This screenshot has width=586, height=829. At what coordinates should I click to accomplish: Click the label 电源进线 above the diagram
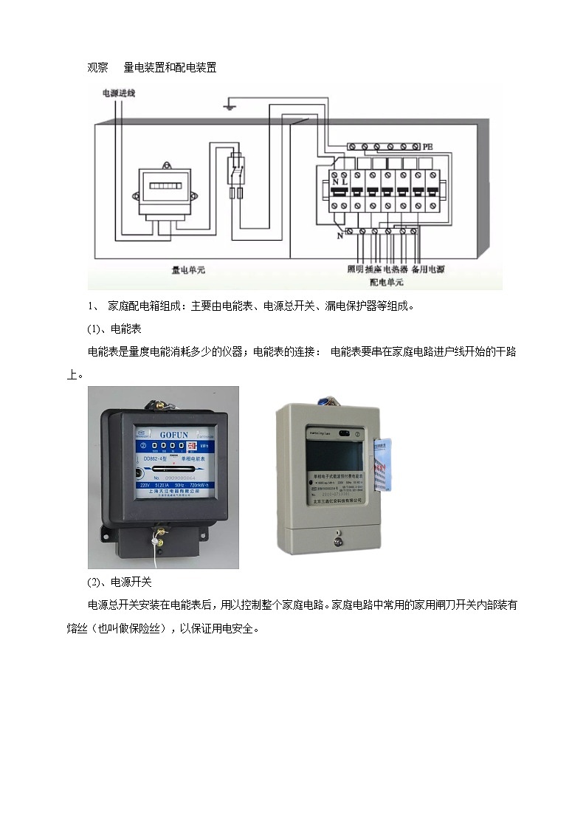click(117, 94)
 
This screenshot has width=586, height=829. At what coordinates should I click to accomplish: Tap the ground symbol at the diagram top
click(230, 107)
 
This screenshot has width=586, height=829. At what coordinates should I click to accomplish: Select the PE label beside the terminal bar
click(428, 147)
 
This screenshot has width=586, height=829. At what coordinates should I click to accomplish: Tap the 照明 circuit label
click(356, 270)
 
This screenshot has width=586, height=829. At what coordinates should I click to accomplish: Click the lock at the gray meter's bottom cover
click(337, 538)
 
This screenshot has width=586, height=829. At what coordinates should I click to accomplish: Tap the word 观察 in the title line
click(97, 67)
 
